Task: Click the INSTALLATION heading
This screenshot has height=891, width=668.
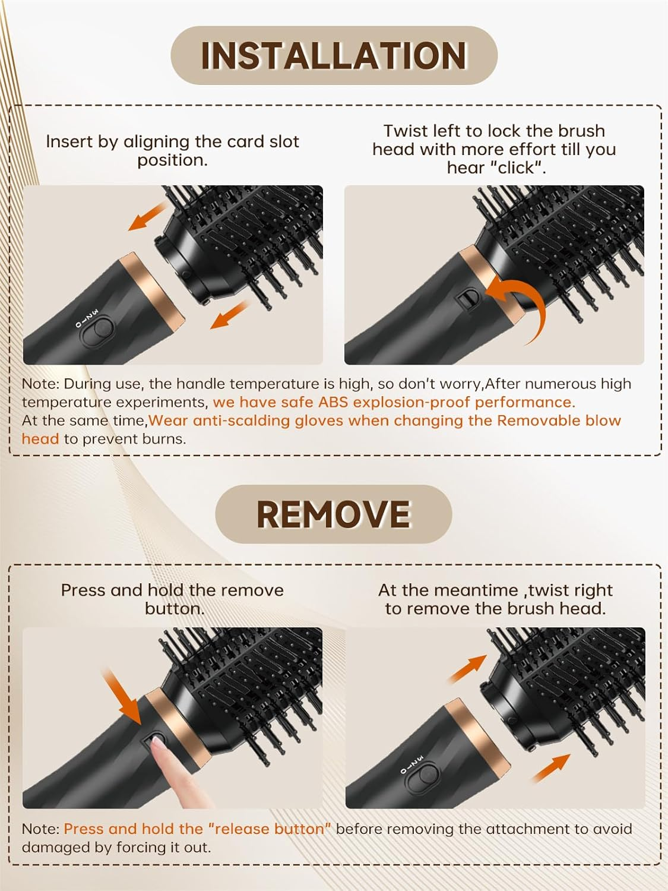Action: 334,56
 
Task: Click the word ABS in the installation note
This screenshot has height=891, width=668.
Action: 331,402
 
